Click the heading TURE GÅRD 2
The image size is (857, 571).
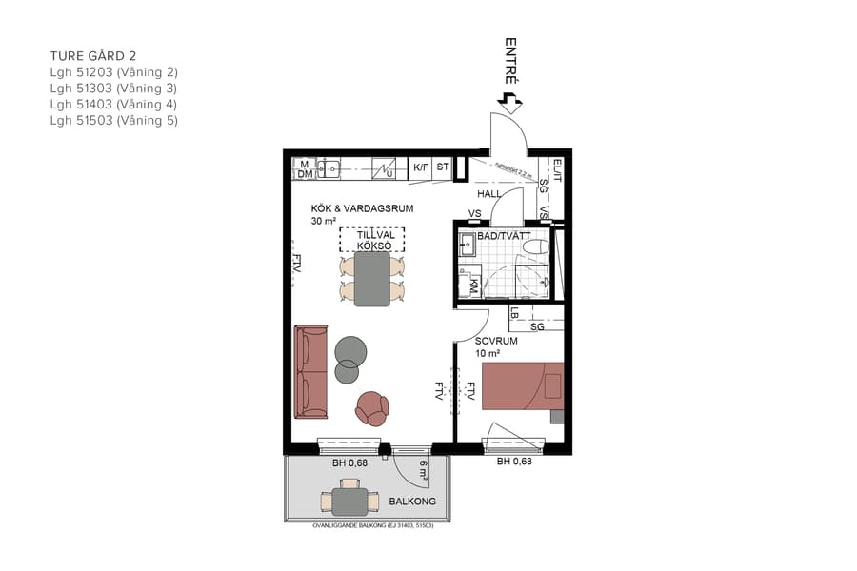coord(100,56)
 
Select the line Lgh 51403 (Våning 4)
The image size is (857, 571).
coord(113,105)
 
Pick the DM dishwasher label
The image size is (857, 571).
coord(305,174)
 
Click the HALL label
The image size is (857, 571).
coord(489,194)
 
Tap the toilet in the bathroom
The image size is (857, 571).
coord(536,247)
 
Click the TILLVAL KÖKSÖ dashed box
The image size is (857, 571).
coord(371,240)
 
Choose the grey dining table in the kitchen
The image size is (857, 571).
coord(371,280)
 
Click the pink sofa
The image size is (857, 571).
coord(311,371)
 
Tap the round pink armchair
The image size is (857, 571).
coord(371,408)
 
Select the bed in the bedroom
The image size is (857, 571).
coord(522,385)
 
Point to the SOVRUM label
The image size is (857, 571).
coord(496,341)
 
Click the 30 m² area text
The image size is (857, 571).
coord(324,221)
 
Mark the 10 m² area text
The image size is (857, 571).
coord(488,353)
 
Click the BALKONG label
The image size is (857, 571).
coord(412,501)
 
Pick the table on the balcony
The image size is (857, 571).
coord(349,500)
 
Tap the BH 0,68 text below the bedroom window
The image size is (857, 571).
coord(514,463)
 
